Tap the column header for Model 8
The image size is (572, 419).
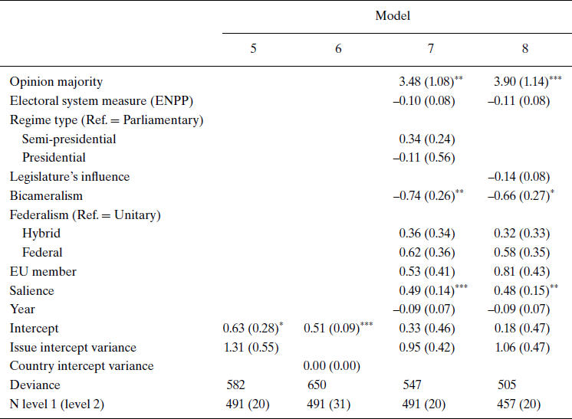click(x=525, y=48)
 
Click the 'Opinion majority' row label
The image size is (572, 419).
click(x=56, y=82)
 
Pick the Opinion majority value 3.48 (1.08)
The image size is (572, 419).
click(x=426, y=82)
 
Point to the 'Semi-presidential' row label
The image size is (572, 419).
click(x=69, y=139)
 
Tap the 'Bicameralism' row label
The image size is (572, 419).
click(x=46, y=196)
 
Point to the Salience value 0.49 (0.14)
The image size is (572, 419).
click(x=426, y=290)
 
